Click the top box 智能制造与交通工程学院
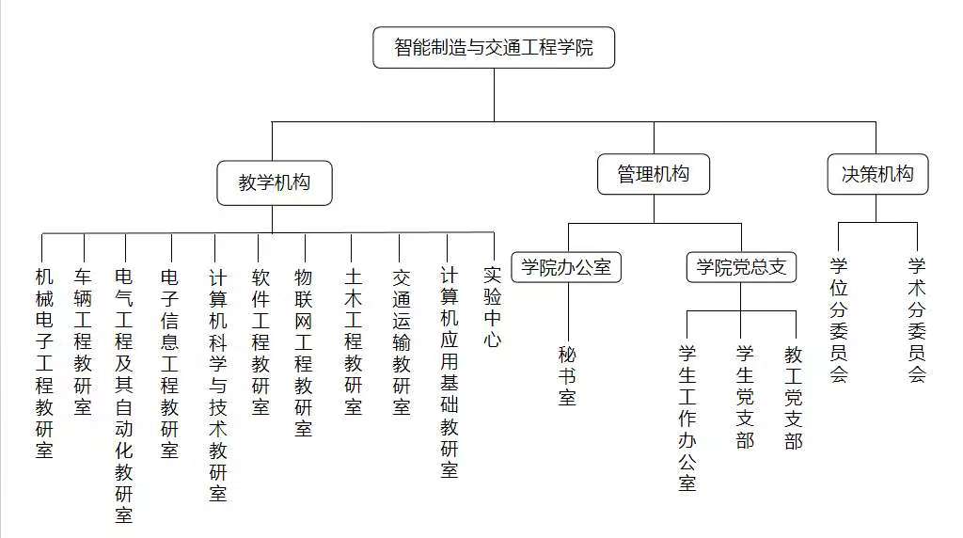[494, 47]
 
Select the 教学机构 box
[275, 183]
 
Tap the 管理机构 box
[654, 174]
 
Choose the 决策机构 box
[877, 174]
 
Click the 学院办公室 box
[566, 267]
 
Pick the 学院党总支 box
[741, 267]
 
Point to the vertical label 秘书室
[567, 376]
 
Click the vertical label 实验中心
[493, 307]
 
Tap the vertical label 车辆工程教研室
[83, 341]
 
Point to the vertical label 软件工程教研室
[261, 341]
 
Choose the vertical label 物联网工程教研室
[304, 353]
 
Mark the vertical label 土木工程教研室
[354, 341]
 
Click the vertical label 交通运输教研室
[401, 341]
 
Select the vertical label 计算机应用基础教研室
[449, 372]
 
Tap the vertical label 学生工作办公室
[687, 419]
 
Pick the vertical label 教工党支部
[794, 397]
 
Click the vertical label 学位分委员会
[839, 320]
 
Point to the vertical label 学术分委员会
[917, 320]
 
